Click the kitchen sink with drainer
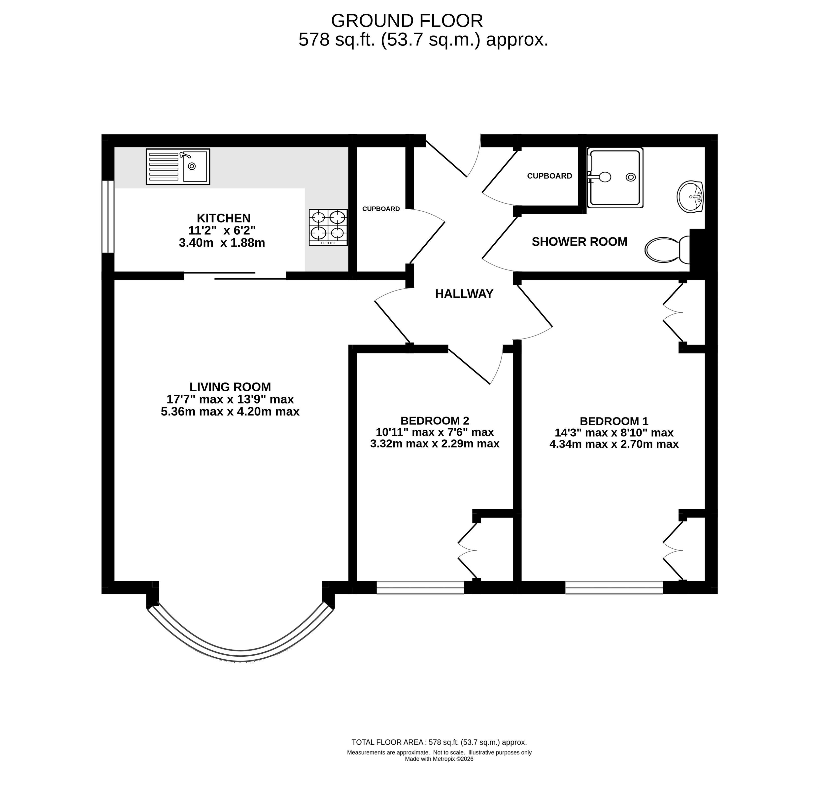(178, 167)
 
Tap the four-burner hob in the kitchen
(328, 227)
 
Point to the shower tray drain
(631, 177)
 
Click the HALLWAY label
(464, 294)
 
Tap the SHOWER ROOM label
(580, 242)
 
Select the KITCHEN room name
(224, 218)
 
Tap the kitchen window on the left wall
(108, 217)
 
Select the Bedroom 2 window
(420, 587)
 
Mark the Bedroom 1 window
(614, 587)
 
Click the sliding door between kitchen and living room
(235, 275)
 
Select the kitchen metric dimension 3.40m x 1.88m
(222, 243)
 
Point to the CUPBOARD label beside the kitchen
(381, 209)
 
